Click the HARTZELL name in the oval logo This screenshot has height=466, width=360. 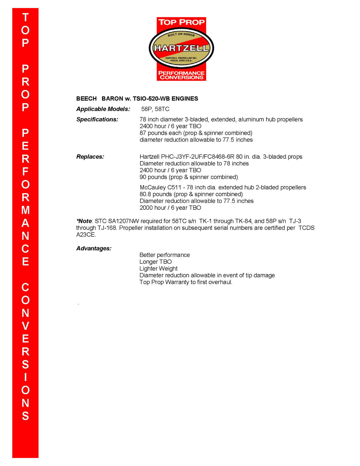(181, 48)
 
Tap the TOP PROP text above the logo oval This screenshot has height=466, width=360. (181, 22)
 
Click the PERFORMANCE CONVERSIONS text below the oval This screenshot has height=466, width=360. (181, 75)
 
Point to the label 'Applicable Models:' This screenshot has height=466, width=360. (103, 109)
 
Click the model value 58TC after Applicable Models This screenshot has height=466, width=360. (162, 109)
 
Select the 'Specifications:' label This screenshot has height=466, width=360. (97, 119)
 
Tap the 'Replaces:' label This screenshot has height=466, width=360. (90, 157)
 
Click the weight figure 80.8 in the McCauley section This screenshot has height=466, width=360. (145, 194)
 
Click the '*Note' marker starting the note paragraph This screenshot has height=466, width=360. (84, 221)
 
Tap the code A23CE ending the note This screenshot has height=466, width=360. (86, 235)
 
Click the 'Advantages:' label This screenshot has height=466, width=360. (94, 248)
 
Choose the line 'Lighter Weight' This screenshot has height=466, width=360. (158, 269)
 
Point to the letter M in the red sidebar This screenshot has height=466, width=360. (25, 210)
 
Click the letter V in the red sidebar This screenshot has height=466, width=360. (25, 326)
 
